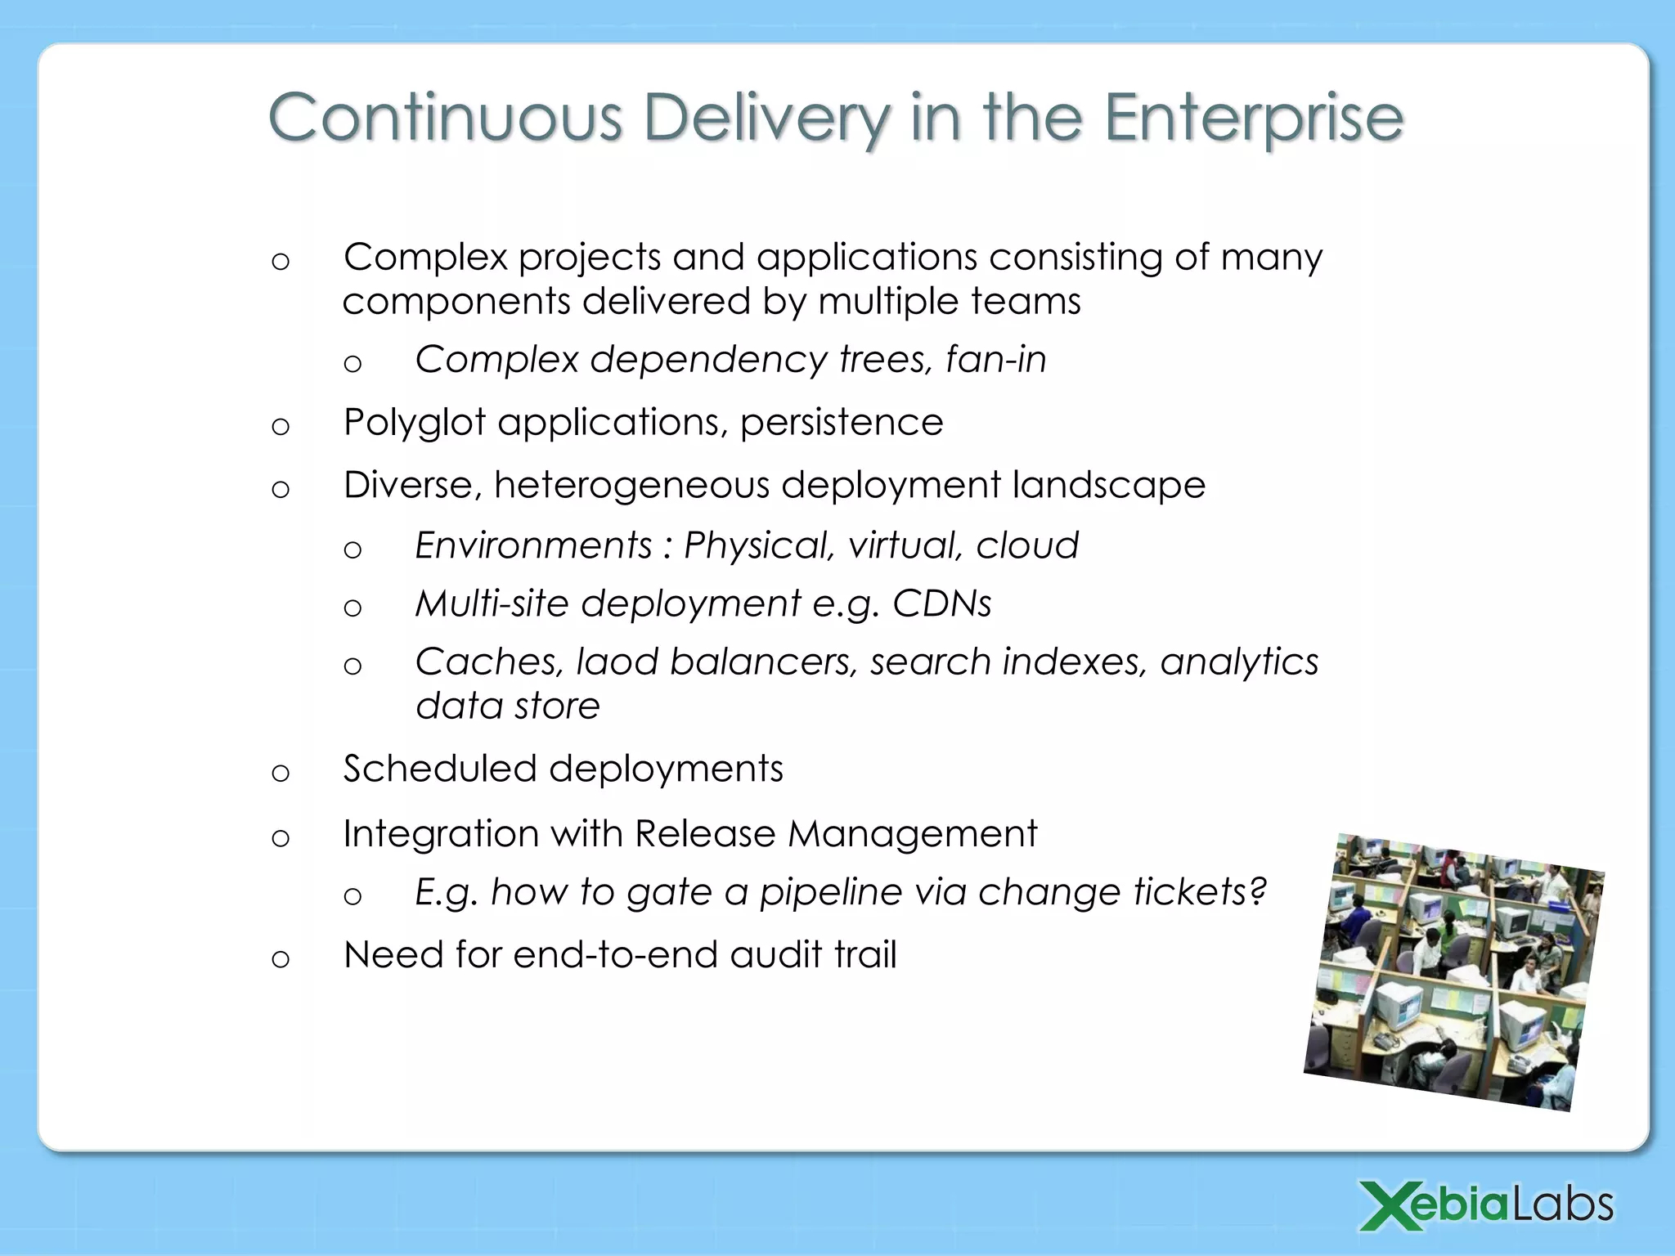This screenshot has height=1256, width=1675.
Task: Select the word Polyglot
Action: pyautogui.click(x=414, y=424)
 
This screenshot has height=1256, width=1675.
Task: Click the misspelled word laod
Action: pyautogui.click(x=617, y=662)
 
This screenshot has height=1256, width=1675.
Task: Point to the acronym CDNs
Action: pyautogui.click(x=941, y=603)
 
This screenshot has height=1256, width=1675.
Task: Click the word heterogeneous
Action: pyautogui.click(x=631, y=486)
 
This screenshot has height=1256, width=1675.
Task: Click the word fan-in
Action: pyautogui.click(x=995, y=360)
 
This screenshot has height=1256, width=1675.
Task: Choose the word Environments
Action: pyautogui.click(x=533, y=545)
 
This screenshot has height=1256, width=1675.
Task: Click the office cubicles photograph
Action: pyautogui.click(x=1453, y=971)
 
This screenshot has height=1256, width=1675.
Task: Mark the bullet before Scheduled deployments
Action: pyautogui.click(x=281, y=773)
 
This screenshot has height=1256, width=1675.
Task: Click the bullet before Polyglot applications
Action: pyautogui.click(x=281, y=427)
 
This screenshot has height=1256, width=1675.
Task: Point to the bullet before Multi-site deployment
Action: pyautogui.click(x=353, y=608)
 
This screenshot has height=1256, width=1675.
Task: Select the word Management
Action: pyautogui.click(x=912, y=835)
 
